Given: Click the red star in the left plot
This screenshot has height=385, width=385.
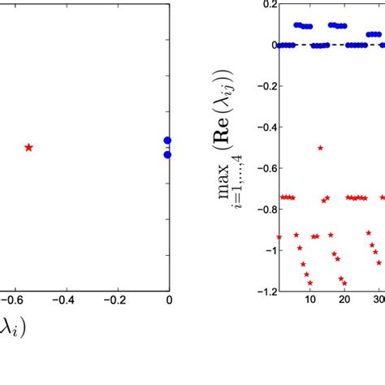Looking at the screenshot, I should point(29,147).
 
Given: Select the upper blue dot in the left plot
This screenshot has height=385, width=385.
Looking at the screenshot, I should point(167,141).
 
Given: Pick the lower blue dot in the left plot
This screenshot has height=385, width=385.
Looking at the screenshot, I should point(167,154).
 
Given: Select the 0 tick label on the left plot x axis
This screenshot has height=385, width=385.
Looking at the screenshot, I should point(169,300).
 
